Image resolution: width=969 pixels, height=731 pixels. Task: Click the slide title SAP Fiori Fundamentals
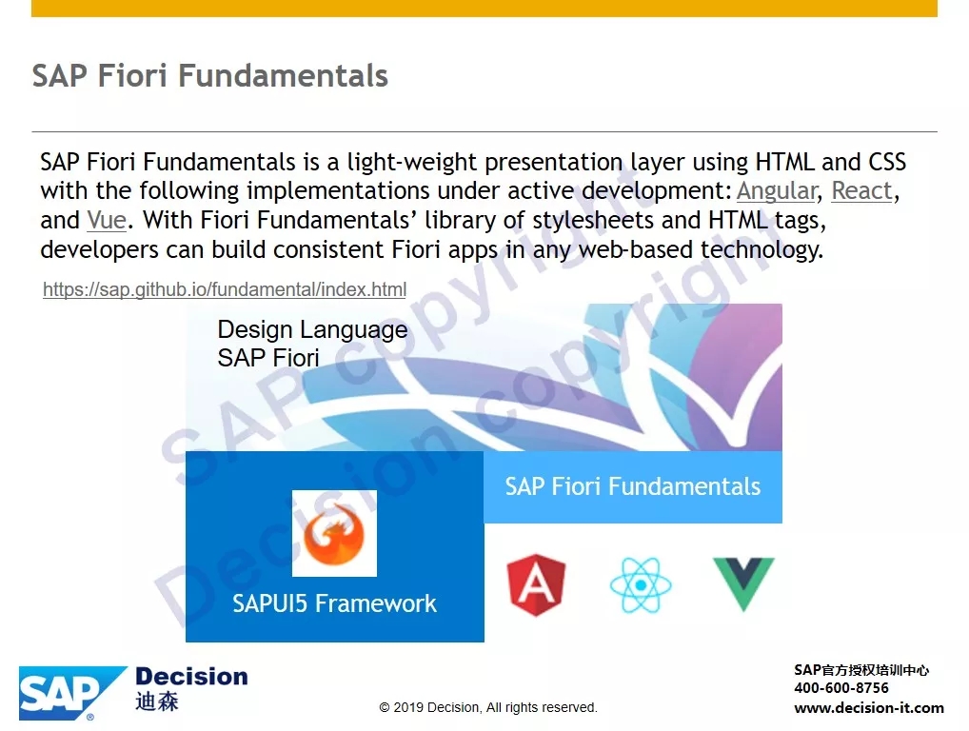(210, 75)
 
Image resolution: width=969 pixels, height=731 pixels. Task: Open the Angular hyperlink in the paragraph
(777, 191)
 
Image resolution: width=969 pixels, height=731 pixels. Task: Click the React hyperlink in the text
(862, 190)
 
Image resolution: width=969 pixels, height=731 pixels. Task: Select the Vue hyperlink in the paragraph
(107, 220)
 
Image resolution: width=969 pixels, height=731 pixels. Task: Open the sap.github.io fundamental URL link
(225, 289)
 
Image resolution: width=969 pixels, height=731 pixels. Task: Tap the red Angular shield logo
(536, 584)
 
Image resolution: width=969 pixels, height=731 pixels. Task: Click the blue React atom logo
(641, 584)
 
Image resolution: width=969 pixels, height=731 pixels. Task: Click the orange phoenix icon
(334, 533)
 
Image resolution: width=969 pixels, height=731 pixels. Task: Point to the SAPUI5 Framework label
(334, 603)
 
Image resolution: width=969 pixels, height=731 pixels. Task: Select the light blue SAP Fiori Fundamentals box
(633, 487)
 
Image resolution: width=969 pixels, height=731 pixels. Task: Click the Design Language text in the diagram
(312, 330)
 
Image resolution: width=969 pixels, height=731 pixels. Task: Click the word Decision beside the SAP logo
(191, 676)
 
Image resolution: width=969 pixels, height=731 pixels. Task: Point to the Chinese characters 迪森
(157, 701)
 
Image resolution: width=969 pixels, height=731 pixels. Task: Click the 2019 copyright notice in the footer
(488, 707)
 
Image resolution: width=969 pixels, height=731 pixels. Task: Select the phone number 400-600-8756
(841, 688)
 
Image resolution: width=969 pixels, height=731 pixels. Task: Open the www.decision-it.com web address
(869, 708)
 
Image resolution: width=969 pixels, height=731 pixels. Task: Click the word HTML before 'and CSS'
(785, 162)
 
